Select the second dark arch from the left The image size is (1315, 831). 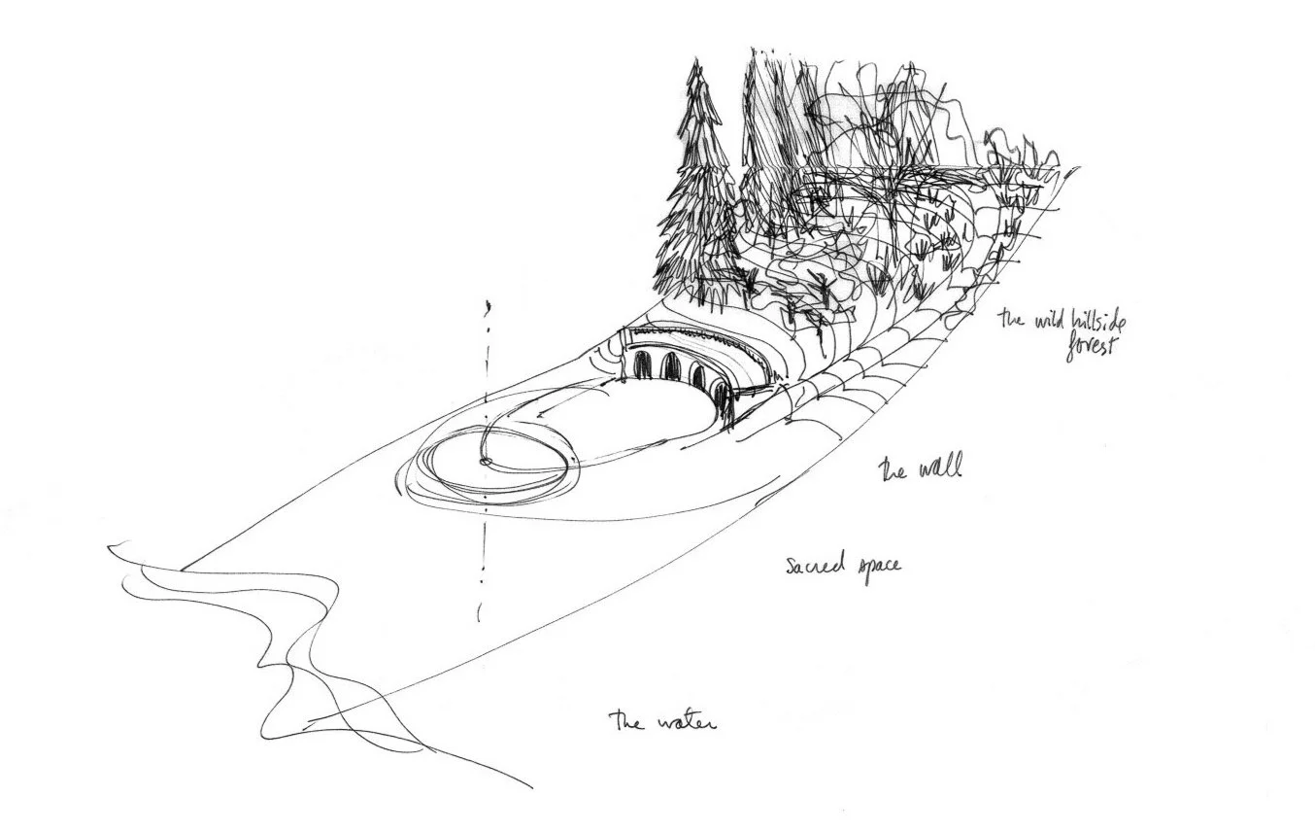coord(670,367)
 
